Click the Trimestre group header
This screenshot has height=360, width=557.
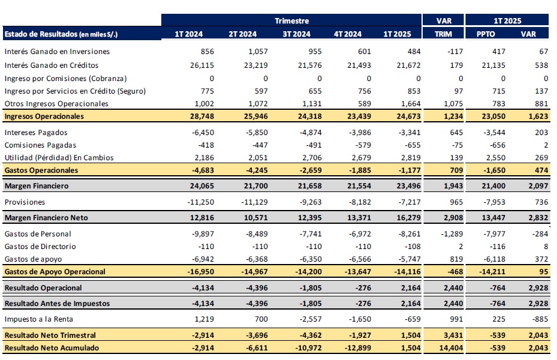tap(291, 20)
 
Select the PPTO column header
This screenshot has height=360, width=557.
tap(486, 34)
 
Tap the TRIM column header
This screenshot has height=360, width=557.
tap(443, 34)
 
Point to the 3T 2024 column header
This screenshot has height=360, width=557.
tap(296, 34)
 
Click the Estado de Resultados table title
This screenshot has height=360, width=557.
tap(61, 34)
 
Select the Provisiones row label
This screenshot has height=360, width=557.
tap(25, 202)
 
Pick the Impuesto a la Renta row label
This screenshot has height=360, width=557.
tap(39, 319)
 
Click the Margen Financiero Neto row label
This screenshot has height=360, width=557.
tap(46, 218)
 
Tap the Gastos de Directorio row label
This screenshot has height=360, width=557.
tap(40, 247)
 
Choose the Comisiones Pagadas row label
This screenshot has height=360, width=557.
tap(40, 145)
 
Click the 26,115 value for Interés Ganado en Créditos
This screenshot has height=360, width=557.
tap(202, 65)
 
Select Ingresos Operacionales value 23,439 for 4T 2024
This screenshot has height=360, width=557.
tap(359, 116)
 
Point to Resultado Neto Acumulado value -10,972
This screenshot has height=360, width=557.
tap(308, 348)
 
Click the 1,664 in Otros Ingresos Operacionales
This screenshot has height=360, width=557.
tap(411, 104)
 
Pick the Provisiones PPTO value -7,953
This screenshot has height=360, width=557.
tap(494, 202)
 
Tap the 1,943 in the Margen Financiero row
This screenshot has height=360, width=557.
tap(453, 186)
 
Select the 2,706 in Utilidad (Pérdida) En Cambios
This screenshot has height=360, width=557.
tap(312, 158)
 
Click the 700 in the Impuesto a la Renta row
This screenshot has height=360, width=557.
tap(261, 319)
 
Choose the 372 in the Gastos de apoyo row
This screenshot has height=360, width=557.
tap(541, 259)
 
